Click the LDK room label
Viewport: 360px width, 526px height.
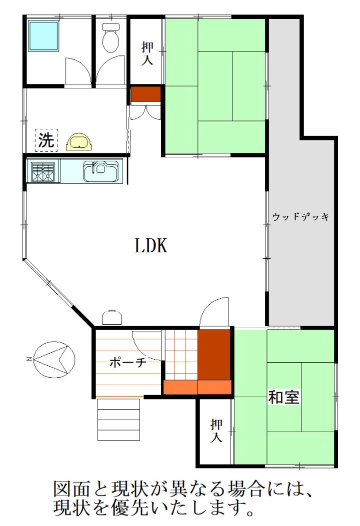(151, 245)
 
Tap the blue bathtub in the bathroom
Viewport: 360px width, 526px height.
(43, 36)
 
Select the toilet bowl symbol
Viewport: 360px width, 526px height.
(110, 38)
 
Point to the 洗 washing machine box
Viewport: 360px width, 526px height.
(46, 140)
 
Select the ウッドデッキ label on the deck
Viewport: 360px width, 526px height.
(300, 216)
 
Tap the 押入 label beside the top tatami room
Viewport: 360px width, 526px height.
(147, 52)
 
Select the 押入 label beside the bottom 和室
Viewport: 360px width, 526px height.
(216, 431)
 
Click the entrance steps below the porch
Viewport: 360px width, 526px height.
(118, 419)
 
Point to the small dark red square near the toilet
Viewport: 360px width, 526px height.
(145, 93)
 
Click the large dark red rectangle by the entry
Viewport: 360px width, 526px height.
(213, 355)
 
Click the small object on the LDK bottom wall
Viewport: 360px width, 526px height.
(111, 317)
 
